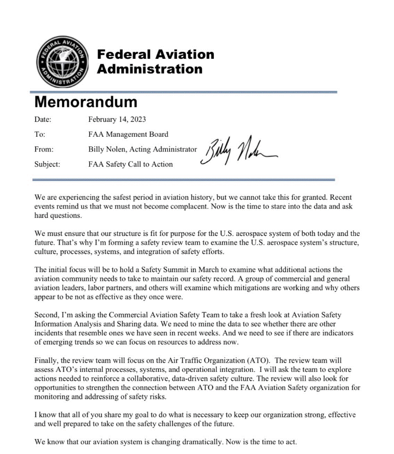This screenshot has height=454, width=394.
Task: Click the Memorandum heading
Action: (86, 102)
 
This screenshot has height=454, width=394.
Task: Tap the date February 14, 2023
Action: (117, 120)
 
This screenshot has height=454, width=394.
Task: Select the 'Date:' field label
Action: (43, 120)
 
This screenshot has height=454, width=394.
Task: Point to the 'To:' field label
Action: (39, 134)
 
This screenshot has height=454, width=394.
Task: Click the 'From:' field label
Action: (44, 149)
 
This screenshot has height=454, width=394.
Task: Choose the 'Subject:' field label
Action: (47, 164)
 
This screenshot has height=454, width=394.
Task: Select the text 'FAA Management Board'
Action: (128, 134)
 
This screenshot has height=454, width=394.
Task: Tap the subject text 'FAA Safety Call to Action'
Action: (130, 164)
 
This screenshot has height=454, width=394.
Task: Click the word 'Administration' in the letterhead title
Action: (150, 70)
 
